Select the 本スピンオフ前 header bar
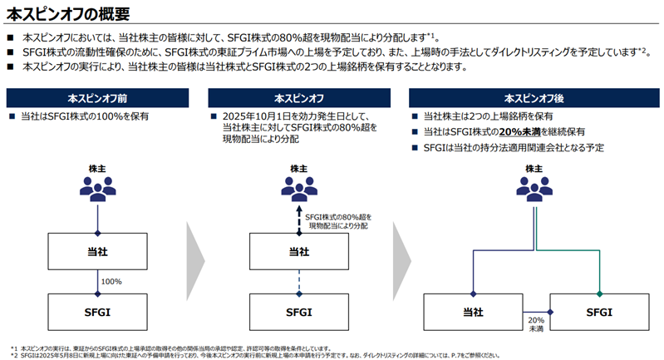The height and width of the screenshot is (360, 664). (98, 98)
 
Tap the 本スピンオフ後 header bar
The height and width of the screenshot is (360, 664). (531, 98)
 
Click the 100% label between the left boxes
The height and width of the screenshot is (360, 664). (111, 281)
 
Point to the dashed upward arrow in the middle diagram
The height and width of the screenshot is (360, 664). (298, 219)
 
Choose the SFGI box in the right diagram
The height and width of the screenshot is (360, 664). (599, 312)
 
